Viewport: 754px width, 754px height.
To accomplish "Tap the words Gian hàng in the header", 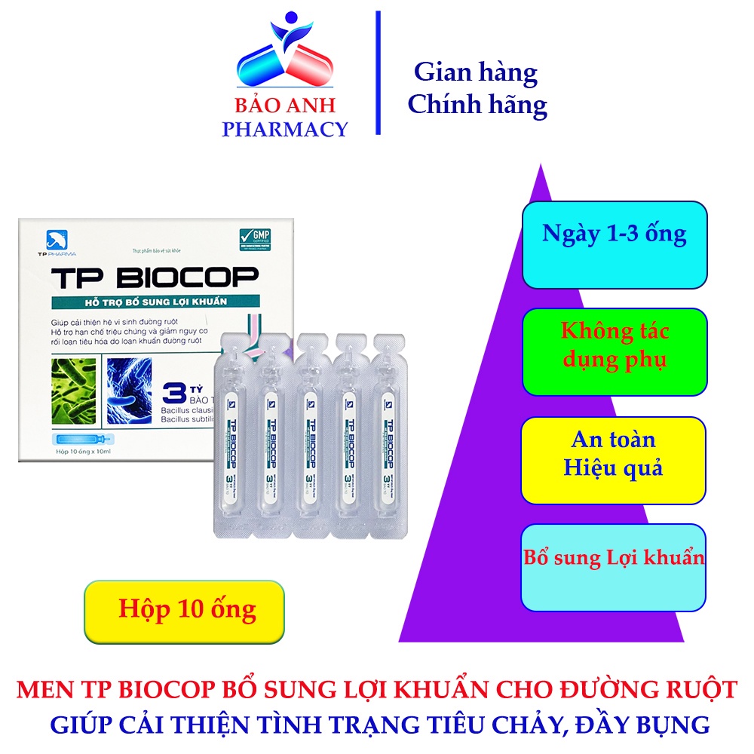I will (476, 72).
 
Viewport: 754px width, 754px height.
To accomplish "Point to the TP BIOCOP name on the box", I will (155, 279).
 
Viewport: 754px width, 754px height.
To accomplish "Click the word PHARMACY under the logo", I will (284, 129).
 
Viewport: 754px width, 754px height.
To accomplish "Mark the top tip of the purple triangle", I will (541, 165).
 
